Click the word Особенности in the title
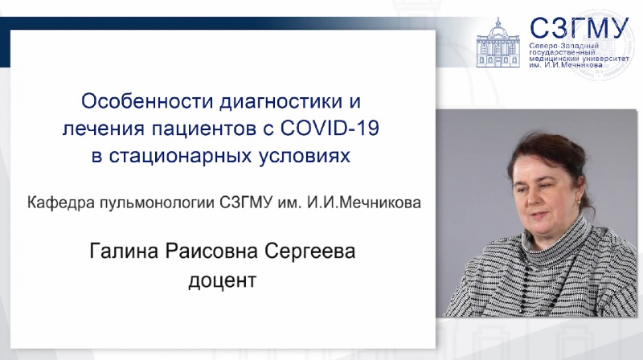tap(147, 101)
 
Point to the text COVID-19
tap(330, 129)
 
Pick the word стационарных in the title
tap(179, 157)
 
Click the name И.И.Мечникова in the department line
tap(364, 202)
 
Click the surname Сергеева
tap(309, 251)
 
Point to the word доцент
tap(223, 281)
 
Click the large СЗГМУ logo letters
tap(579, 28)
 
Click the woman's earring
tap(579, 202)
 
